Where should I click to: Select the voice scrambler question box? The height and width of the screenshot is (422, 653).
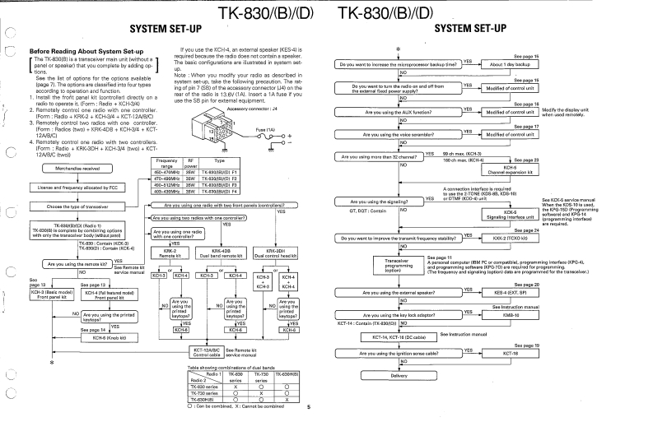(x=399, y=134)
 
